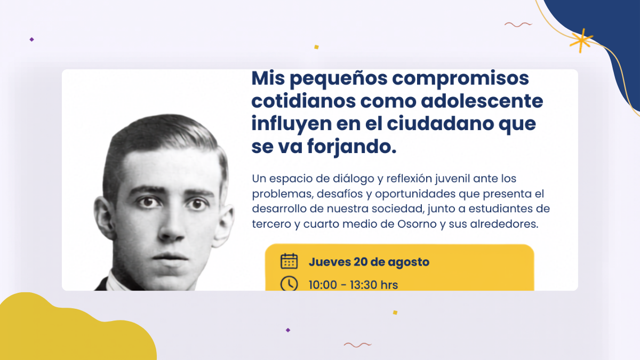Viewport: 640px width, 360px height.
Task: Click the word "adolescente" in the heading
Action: coord(482,101)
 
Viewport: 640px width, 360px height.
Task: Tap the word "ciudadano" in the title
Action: coord(440,124)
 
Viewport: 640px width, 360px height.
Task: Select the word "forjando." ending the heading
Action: coord(352,147)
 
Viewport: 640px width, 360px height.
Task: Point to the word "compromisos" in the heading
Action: coord(460,79)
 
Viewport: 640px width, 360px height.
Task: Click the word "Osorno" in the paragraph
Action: coord(417,224)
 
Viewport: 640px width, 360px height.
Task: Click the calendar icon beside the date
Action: coord(289,261)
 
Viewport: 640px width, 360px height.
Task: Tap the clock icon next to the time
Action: coord(289,283)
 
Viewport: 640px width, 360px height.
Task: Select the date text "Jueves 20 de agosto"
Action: coord(369,262)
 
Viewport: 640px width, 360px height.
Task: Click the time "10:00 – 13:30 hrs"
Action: coord(353,285)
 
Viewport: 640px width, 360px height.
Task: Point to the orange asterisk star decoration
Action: coord(581,41)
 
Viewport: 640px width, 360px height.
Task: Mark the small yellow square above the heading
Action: coord(316,47)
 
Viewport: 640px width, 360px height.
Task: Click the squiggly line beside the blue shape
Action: coord(518,25)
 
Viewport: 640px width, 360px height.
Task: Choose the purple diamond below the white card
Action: coord(288,330)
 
